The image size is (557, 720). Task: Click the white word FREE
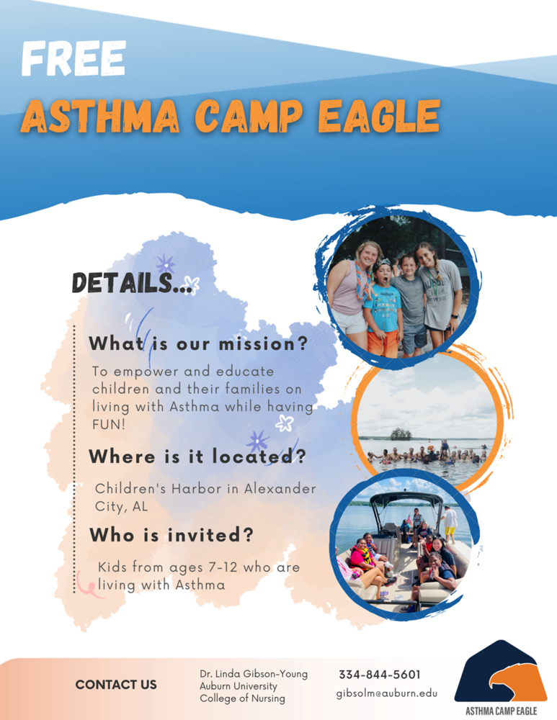tap(73, 58)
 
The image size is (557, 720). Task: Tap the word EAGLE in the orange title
tap(379, 117)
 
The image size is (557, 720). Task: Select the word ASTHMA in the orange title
tap(100, 117)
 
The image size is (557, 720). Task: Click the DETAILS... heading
tap(132, 283)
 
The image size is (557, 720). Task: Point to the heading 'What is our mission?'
tap(198, 343)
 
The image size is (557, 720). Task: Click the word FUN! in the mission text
tap(109, 424)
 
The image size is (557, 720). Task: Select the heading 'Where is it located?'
tap(197, 456)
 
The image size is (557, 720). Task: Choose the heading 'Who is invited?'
tap(171, 535)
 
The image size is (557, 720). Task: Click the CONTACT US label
tap(116, 685)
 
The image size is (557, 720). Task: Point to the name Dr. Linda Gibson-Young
tap(254, 674)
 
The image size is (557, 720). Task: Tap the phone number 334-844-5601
tap(380, 675)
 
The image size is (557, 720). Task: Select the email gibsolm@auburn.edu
tap(386, 693)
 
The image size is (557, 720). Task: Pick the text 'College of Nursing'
tap(242, 698)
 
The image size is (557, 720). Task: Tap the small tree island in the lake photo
tap(401, 434)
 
